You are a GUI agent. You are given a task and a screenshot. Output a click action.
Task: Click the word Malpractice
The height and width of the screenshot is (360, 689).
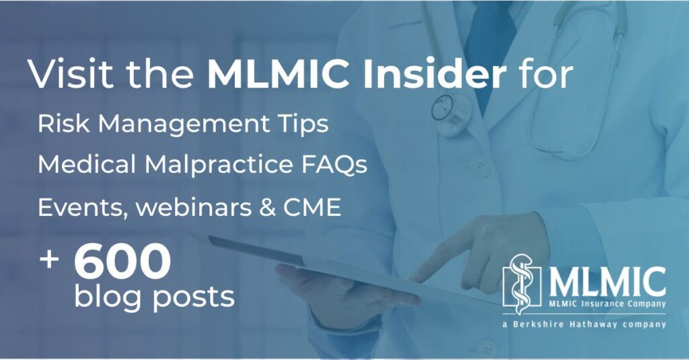219,166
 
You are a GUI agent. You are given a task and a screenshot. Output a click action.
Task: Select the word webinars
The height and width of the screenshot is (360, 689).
194,207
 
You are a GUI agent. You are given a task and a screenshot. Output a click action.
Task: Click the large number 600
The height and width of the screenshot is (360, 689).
122,261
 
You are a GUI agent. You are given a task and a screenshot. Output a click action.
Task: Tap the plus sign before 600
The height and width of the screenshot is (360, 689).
49,259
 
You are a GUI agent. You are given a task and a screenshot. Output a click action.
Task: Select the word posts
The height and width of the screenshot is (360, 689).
194,298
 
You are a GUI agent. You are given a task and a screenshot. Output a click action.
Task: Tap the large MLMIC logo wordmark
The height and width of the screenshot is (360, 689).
608,283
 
